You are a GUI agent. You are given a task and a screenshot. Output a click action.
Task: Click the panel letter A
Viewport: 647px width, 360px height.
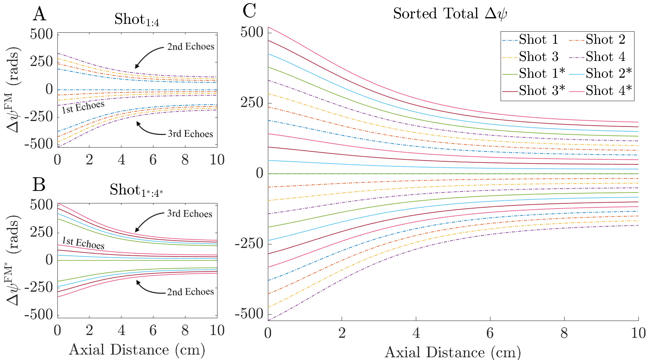[39, 14]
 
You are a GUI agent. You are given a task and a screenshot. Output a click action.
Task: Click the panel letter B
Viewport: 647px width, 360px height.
[39, 184]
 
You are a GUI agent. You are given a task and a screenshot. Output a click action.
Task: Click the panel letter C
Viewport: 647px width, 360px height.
[249, 11]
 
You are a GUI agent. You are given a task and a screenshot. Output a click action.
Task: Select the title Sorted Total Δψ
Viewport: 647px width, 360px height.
[450, 14]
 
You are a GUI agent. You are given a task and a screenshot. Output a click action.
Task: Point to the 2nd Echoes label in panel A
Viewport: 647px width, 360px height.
[191, 47]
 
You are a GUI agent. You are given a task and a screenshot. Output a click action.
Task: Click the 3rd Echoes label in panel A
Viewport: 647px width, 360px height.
[190, 134]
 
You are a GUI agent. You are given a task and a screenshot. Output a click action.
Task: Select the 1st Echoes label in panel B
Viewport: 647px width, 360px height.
[83, 243]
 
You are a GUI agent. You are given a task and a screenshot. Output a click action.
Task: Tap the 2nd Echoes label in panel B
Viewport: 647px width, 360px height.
[190, 292]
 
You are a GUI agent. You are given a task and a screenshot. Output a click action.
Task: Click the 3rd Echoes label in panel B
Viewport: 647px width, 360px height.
[189, 214]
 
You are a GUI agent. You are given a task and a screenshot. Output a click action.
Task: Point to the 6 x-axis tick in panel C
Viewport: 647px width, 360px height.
[490, 333]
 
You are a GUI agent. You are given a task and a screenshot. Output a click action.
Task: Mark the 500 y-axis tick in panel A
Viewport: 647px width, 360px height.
[41, 34]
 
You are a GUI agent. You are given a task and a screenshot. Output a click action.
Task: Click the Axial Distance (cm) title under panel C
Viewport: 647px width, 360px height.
[453, 352]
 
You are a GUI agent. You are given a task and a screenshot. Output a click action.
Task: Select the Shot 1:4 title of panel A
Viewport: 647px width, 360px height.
[137, 20]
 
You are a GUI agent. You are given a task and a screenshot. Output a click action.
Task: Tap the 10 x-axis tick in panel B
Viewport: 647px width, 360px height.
[217, 330]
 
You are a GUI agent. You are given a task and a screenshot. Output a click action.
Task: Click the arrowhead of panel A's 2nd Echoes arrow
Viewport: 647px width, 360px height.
[136, 67]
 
